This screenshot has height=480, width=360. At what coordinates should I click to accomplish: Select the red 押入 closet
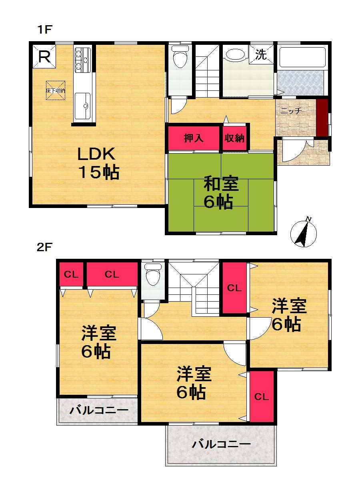coord(194,138)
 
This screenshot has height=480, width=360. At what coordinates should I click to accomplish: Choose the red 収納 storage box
coord(234,138)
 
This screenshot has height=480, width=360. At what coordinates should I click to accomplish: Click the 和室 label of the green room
coord(221,184)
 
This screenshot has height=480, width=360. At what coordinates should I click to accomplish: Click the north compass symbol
coord(304,232)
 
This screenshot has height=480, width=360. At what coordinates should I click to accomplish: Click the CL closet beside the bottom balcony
coord(262,396)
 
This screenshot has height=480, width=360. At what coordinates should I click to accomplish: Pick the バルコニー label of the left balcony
coord(99,410)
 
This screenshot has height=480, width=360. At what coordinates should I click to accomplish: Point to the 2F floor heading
coord(45,247)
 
